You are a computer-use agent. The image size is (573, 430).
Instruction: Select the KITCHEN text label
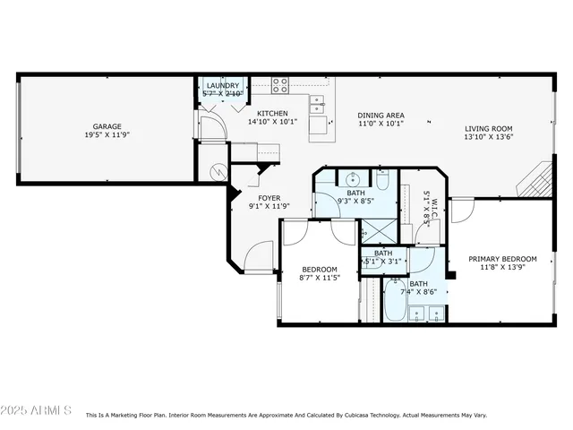pos(272,114)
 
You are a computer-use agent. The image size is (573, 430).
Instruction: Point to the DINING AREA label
pos(381,115)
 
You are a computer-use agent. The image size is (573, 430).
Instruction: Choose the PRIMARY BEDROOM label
pos(501,258)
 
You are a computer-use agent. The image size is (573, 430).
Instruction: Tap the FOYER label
pos(269,197)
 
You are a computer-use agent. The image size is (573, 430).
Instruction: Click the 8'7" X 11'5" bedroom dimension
pos(319,278)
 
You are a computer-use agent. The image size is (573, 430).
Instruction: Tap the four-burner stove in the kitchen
pos(280,86)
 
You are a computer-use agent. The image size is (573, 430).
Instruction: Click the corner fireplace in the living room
pos(536,178)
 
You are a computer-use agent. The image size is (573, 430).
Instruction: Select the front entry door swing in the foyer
pos(259,255)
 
